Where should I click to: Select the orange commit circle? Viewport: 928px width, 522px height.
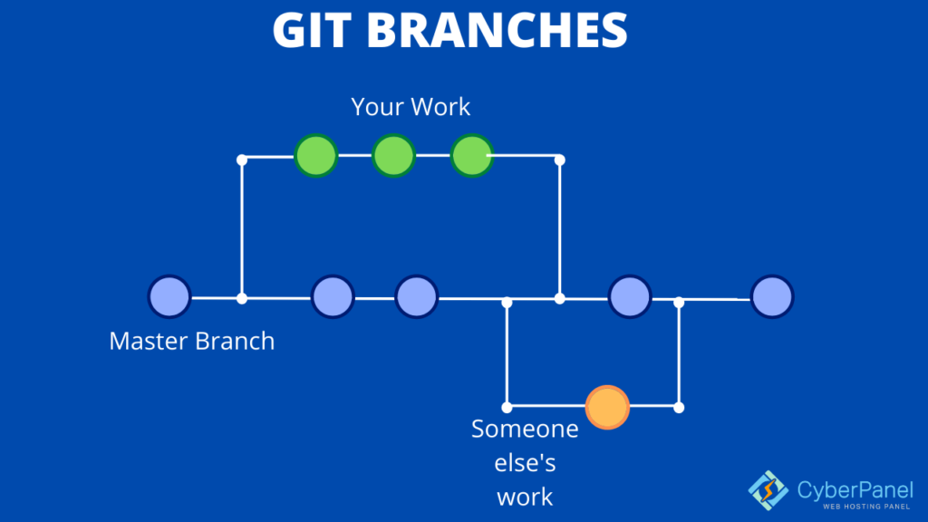pyautogui.click(x=607, y=407)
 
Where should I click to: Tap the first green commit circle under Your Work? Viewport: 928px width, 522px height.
pyautogui.click(x=316, y=156)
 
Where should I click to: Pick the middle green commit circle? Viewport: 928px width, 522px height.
pyautogui.click(x=393, y=156)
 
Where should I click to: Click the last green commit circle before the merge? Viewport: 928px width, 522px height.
pyautogui.click(x=471, y=156)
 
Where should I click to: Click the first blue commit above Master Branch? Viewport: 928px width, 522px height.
pyautogui.click(x=169, y=296)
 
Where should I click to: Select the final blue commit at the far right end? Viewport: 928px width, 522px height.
pyautogui.click(x=772, y=296)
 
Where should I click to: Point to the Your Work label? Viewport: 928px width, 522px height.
pyautogui.click(x=411, y=107)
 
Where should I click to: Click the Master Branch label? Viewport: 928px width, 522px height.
pyautogui.click(x=191, y=342)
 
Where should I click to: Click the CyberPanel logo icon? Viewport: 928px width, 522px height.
pyautogui.click(x=768, y=489)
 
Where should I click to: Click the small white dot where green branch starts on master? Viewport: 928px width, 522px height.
pyautogui.click(x=241, y=297)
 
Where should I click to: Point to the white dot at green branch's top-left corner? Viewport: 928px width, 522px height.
pyautogui.click(x=241, y=159)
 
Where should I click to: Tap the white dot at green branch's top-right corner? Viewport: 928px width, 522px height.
pyautogui.click(x=559, y=159)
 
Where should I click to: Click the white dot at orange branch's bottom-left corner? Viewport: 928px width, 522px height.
pyautogui.click(x=507, y=407)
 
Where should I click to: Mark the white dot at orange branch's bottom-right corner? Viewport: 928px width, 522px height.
pyautogui.click(x=679, y=407)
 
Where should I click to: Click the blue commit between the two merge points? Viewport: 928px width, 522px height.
pyautogui.click(x=629, y=296)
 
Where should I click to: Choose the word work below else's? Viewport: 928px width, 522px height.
pyautogui.click(x=526, y=497)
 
